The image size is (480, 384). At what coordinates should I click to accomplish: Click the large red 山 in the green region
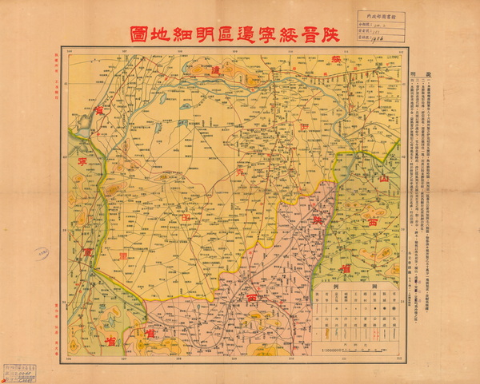point(382,181)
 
